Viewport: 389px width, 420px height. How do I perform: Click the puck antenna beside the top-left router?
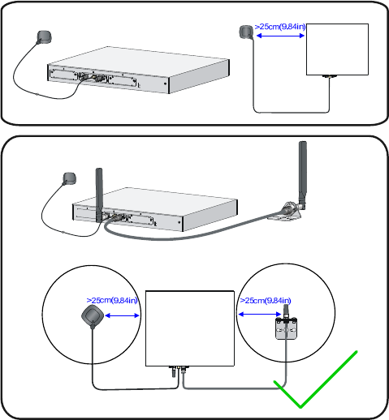(44, 37)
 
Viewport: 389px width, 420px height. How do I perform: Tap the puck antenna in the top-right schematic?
(246, 32)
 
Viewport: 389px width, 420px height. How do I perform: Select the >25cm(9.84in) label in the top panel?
(280, 27)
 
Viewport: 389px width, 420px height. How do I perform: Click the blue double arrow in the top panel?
(280, 36)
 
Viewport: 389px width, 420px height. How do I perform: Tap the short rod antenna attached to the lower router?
(99, 195)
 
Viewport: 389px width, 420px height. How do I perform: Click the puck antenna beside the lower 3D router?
(70, 178)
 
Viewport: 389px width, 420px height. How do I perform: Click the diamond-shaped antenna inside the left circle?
(93, 316)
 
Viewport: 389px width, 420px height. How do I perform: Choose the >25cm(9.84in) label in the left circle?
(112, 300)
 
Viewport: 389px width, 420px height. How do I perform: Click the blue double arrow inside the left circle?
(122, 315)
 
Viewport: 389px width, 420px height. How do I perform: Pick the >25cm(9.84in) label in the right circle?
(266, 301)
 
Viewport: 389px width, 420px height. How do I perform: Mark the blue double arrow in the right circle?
(260, 314)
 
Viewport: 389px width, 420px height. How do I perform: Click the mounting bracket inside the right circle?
(287, 328)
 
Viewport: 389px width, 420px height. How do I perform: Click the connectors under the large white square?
(179, 371)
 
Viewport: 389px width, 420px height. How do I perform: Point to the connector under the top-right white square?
(330, 77)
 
